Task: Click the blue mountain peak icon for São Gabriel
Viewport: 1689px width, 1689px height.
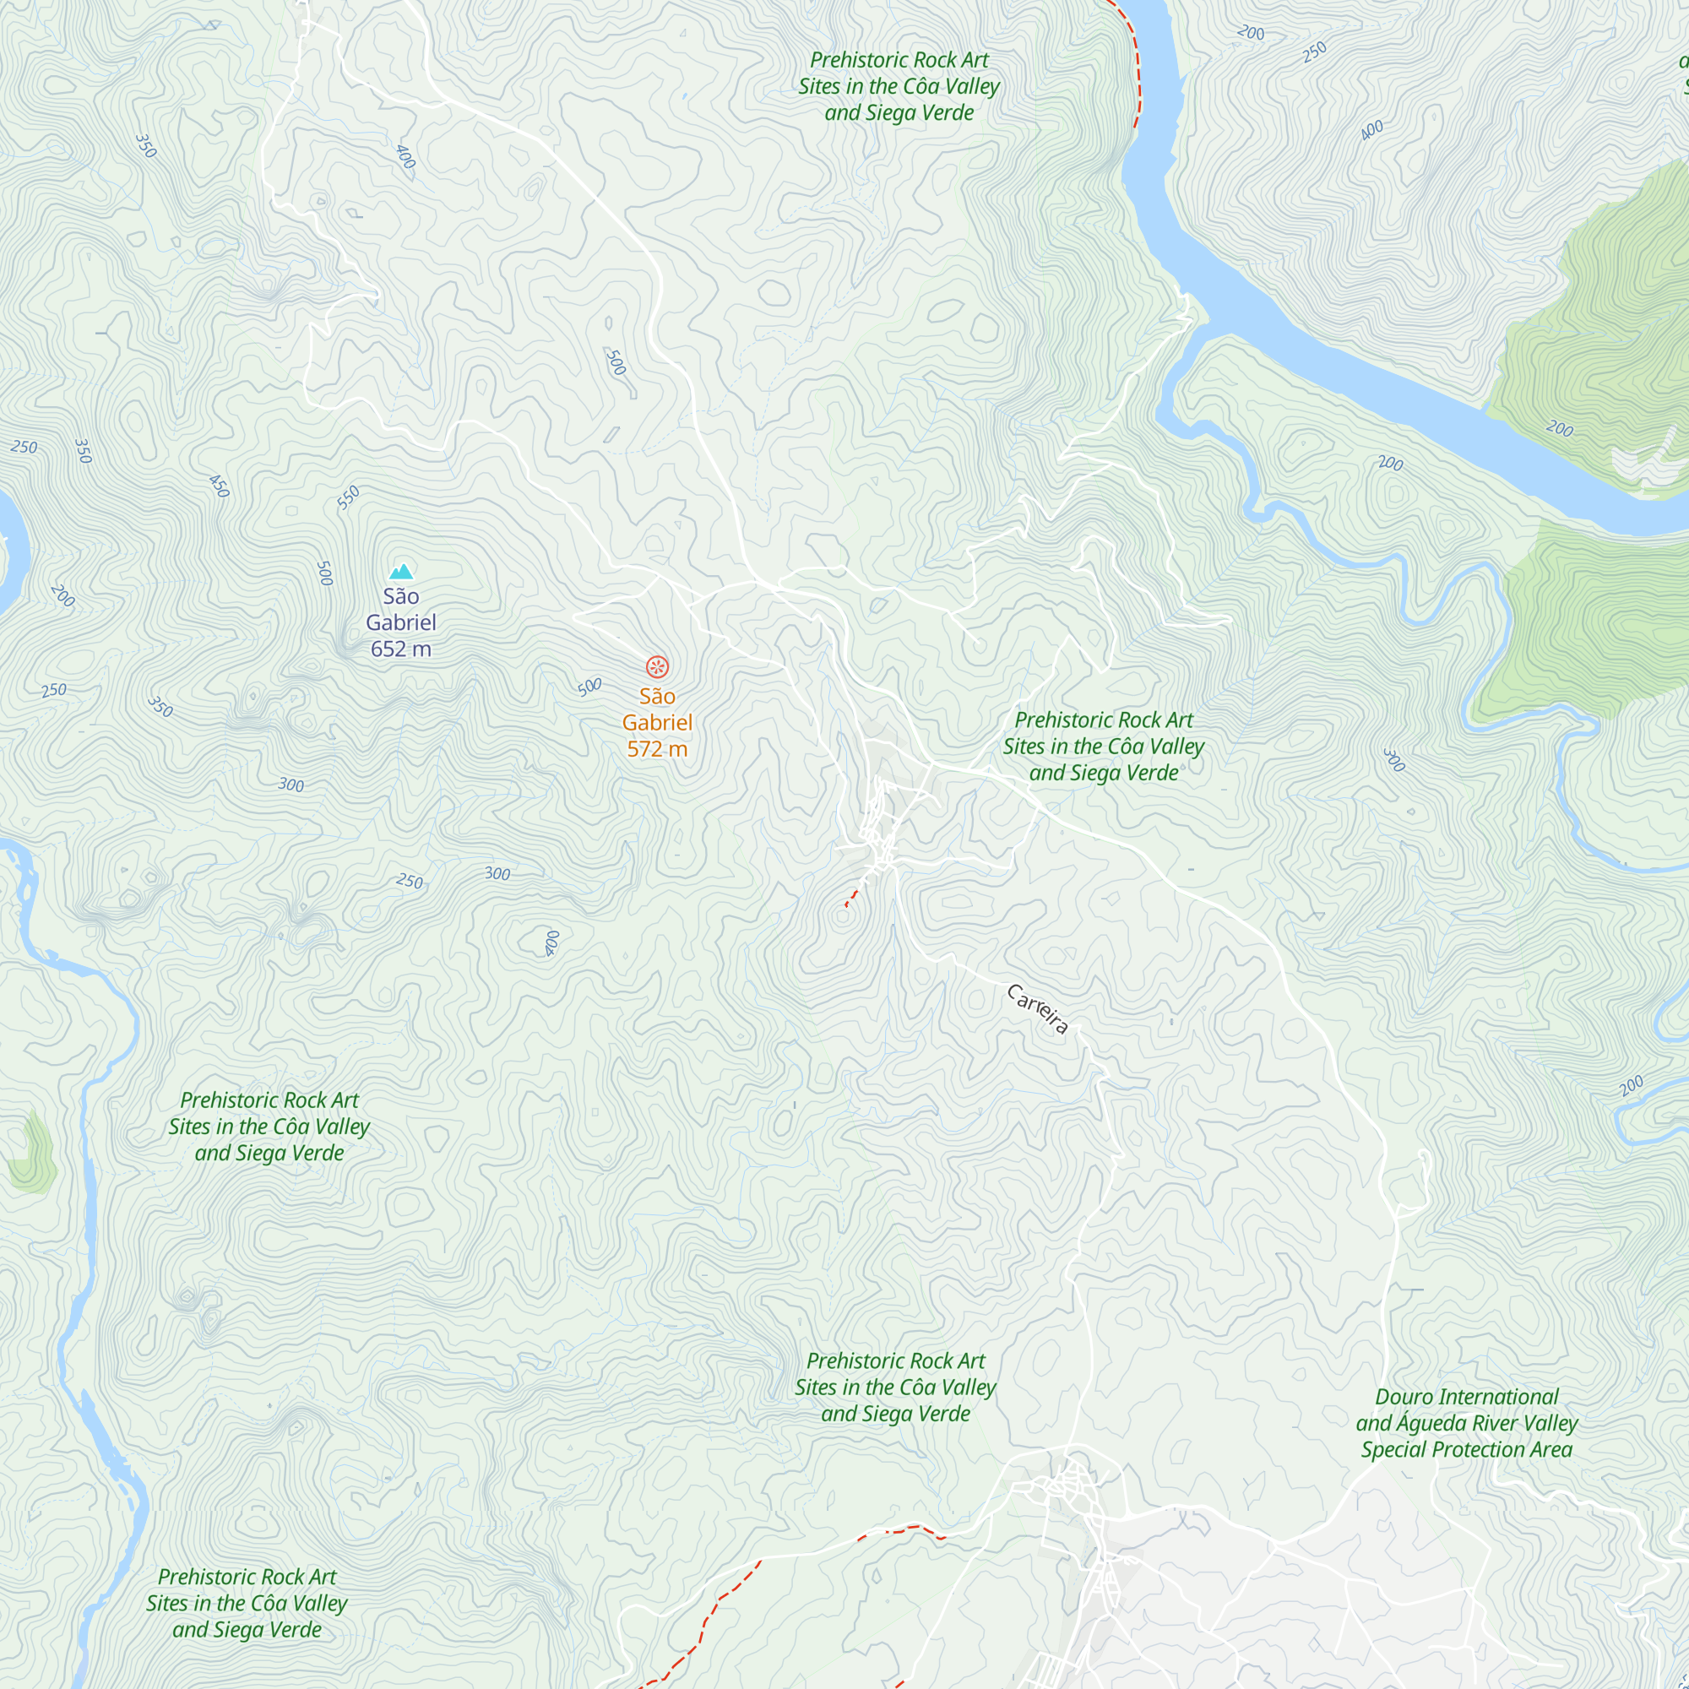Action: pos(401,572)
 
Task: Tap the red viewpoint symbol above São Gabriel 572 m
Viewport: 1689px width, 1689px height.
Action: pos(657,667)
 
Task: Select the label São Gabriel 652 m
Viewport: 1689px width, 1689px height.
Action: pos(400,622)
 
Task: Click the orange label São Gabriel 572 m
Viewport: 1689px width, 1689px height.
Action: pos(657,722)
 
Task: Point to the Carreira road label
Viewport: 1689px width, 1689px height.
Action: pos(1038,1009)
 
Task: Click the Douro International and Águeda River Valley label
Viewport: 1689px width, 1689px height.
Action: pos(1466,1422)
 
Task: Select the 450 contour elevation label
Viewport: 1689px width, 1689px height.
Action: pos(220,486)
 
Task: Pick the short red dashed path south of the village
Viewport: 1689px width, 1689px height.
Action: pos(853,896)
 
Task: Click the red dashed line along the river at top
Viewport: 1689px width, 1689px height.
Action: pos(1136,61)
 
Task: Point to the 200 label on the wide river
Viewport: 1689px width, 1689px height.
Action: pos(1560,428)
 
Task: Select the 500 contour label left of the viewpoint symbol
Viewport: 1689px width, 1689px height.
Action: pos(590,687)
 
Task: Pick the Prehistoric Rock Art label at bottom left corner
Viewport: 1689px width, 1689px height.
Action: pos(247,1603)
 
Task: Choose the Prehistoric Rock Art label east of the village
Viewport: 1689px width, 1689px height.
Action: pos(1103,746)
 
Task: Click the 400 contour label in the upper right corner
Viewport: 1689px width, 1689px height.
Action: pos(1371,130)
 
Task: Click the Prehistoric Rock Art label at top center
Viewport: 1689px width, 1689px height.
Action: pos(899,85)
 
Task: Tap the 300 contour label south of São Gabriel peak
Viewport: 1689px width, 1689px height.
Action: pos(291,785)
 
